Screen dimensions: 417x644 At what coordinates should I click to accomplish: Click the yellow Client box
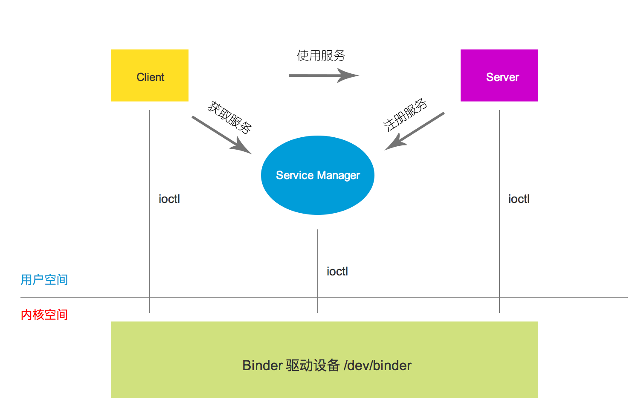149,75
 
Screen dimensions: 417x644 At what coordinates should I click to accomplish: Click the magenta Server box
499,75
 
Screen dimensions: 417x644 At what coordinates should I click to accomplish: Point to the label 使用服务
321,55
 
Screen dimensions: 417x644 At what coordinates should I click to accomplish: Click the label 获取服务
229,118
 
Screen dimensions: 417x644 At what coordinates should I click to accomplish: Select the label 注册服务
405,115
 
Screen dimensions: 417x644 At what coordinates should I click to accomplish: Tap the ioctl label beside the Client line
169,199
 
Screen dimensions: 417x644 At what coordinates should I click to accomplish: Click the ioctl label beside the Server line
519,199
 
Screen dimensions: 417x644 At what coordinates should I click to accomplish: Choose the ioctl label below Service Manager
337,272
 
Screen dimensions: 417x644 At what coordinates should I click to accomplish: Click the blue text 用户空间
44,280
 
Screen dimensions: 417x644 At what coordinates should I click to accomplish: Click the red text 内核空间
44,315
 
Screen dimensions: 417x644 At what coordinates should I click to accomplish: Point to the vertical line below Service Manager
318,256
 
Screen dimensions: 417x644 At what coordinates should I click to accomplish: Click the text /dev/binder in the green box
377,365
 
